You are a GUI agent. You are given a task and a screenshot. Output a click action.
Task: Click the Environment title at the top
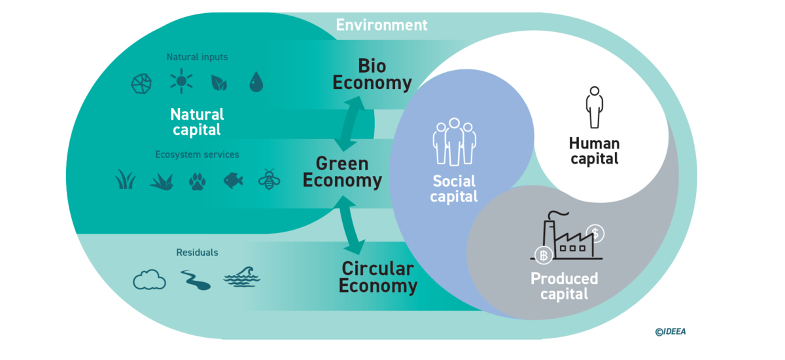(x=381, y=25)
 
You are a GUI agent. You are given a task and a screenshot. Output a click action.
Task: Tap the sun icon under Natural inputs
(x=182, y=82)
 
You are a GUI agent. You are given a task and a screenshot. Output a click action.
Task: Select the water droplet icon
(x=256, y=82)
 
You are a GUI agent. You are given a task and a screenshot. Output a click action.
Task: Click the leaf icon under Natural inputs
(x=218, y=82)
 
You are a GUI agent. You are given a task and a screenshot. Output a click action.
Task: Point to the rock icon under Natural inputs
(x=141, y=83)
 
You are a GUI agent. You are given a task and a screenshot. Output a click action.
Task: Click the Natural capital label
(x=197, y=122)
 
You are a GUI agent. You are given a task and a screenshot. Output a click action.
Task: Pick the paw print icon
(x=197, y=180)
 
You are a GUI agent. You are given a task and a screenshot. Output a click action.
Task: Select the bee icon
(x=270, y=179)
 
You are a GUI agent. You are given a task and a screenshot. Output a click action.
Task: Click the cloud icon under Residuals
(x=149, y=280)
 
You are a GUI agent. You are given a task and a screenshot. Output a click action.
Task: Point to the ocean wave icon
(x=241, y=278)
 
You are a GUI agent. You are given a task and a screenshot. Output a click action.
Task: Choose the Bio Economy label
(x=372, y=75)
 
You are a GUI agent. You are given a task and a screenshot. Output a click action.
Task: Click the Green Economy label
(x=342, y=172)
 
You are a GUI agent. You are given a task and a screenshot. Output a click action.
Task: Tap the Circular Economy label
(x=377, y=277)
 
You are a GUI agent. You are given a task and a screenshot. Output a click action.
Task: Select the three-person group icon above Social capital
(x=454, y=141)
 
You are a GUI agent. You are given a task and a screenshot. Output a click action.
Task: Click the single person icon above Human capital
(x=594, y=107)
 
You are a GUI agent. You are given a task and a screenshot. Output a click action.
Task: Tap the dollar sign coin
(x=596, y=232)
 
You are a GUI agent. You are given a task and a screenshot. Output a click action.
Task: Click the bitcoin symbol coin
(x=542, y=255)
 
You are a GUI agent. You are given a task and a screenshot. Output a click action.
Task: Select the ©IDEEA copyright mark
(x=670, y=332)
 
